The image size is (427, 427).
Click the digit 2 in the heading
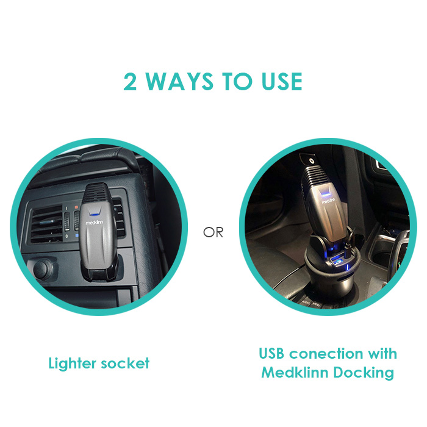[x=129, y=82]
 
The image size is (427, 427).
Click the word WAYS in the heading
[x=179, y=82]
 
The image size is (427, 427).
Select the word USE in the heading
[x=282, y=82]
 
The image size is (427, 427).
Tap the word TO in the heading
[x=237, y=82]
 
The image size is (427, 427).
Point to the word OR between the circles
[x=213, y=232]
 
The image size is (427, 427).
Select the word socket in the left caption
[x=125, y=364]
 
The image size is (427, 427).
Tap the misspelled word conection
[x=326, y=354]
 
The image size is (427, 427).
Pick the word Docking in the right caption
[x=364, y=373]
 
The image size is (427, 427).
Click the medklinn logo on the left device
[x=95, y=223]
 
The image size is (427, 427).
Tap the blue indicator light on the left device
[x=94, y=213]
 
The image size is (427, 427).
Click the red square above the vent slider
[x=76, y=207]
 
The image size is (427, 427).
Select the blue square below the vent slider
[x=77, y=235]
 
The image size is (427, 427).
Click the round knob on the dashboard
[x=43, y=268]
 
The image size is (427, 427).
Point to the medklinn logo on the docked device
[x=329, y=201]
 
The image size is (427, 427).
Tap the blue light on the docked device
[x=325, y=193]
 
